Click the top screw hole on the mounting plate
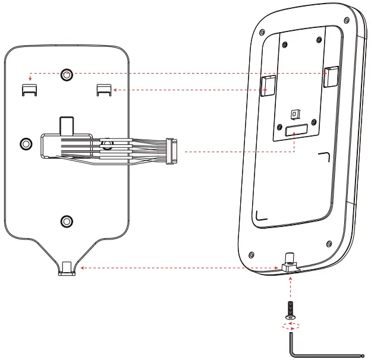pyautogui.click(x=67, y=74)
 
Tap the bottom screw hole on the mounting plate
pyautogui.click(x=67, y=221)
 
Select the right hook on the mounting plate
pyautogui.click(x=104, y=89)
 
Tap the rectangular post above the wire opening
pyautogui.click(x=66, y=125)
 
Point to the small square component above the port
pyautogui.click(x=294, y=113)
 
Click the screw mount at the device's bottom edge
pyautogui.click(x=290, y=264)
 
